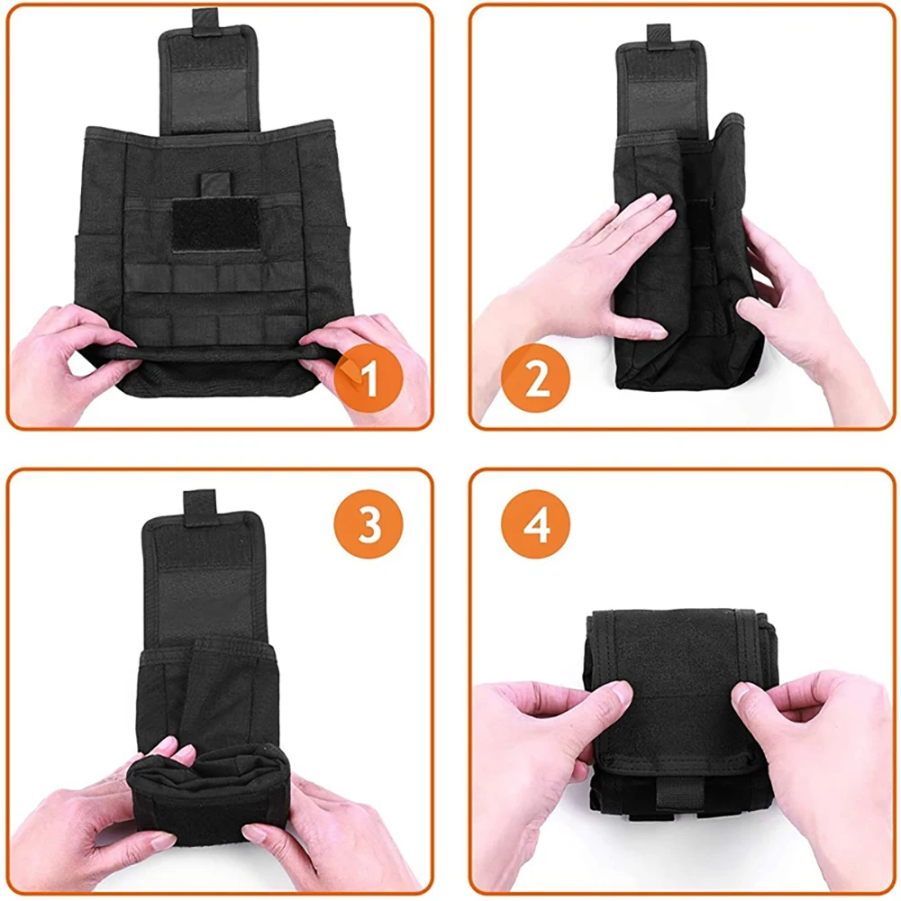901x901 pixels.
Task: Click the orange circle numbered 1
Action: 368,378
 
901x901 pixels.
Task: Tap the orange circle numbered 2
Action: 535,378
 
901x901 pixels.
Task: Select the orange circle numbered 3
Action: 369,524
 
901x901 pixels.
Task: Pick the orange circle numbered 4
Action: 535,524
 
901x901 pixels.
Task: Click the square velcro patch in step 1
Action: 215,224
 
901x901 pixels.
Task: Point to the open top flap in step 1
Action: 208,79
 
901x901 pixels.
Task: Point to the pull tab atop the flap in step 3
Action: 200,506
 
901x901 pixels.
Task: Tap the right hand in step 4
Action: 816,770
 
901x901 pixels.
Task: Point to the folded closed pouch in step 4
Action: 678,713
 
